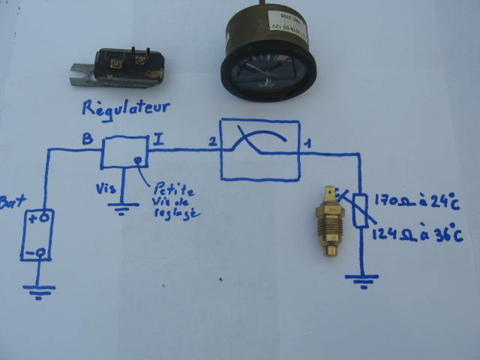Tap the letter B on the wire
(86, 138)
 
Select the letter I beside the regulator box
(157, 138)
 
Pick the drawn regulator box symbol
(124, 152)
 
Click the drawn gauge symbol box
(259, 149)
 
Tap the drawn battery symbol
(37, 235)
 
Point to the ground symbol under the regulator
(118, 208)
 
